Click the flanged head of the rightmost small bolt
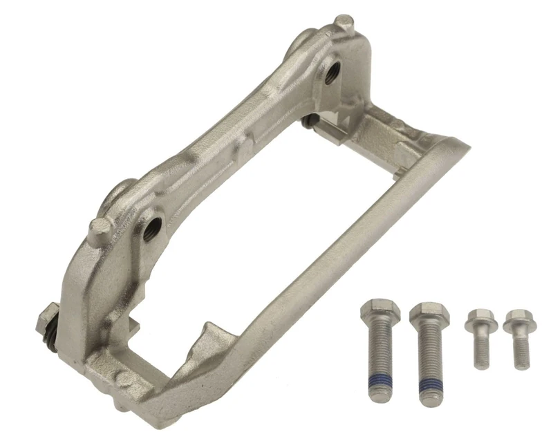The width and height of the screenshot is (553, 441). point(519,321)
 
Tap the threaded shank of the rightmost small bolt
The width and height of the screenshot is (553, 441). point(521,350)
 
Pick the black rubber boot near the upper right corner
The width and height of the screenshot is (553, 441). point(310,122)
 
